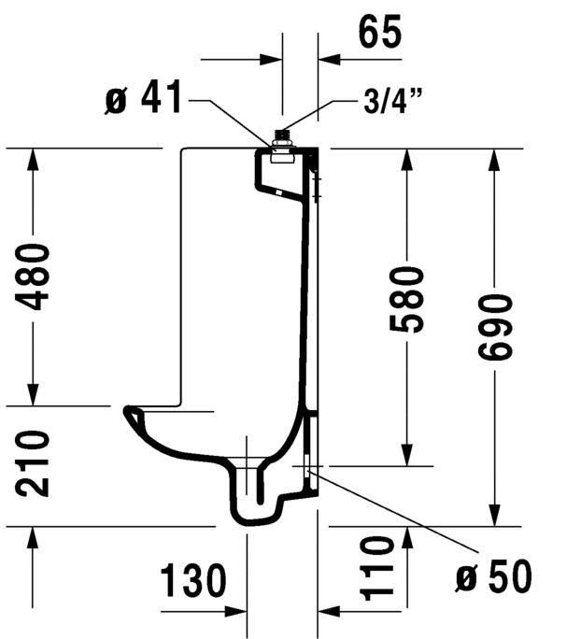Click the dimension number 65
pyautogui.click(x=380, y=32)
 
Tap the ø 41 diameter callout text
pyautogui.click(x=144, y=97)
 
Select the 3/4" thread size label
pyautogui.click(x=392, y=101)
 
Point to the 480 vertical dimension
pyautogui.click(x=32, y=277)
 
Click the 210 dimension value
pyautogui.click(x=32, y=463)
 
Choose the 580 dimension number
pyautogui.click(x=406, y=300)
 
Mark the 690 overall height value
pyautogui.click(x=494, y=327)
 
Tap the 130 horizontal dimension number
pyautogui.click(x=192, y=580)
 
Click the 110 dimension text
pyautogui.click(x=377, y=569)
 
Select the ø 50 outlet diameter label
pyautogui.click(x=494, y=575)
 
